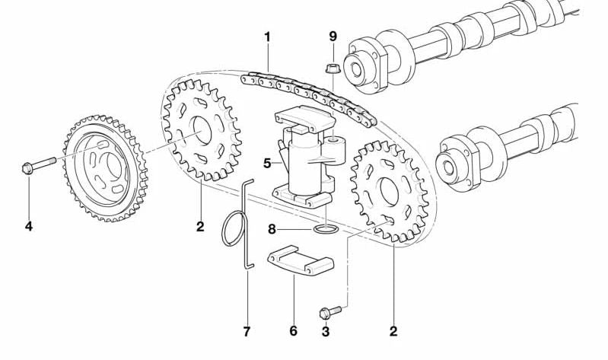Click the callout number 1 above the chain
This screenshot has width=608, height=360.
coord(267,37)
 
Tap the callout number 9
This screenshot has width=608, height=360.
coord(333,36)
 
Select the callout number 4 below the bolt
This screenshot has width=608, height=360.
coord(28,226)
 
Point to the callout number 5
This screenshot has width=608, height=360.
coord(266,163)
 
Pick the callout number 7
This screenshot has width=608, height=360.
coord(247,332)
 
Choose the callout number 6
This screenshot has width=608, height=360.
coord(294,332)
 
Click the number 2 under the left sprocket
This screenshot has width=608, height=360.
coord(199,226)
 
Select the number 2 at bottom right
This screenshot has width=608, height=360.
coord(393,332)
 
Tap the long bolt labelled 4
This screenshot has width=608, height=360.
coord(38,164)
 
